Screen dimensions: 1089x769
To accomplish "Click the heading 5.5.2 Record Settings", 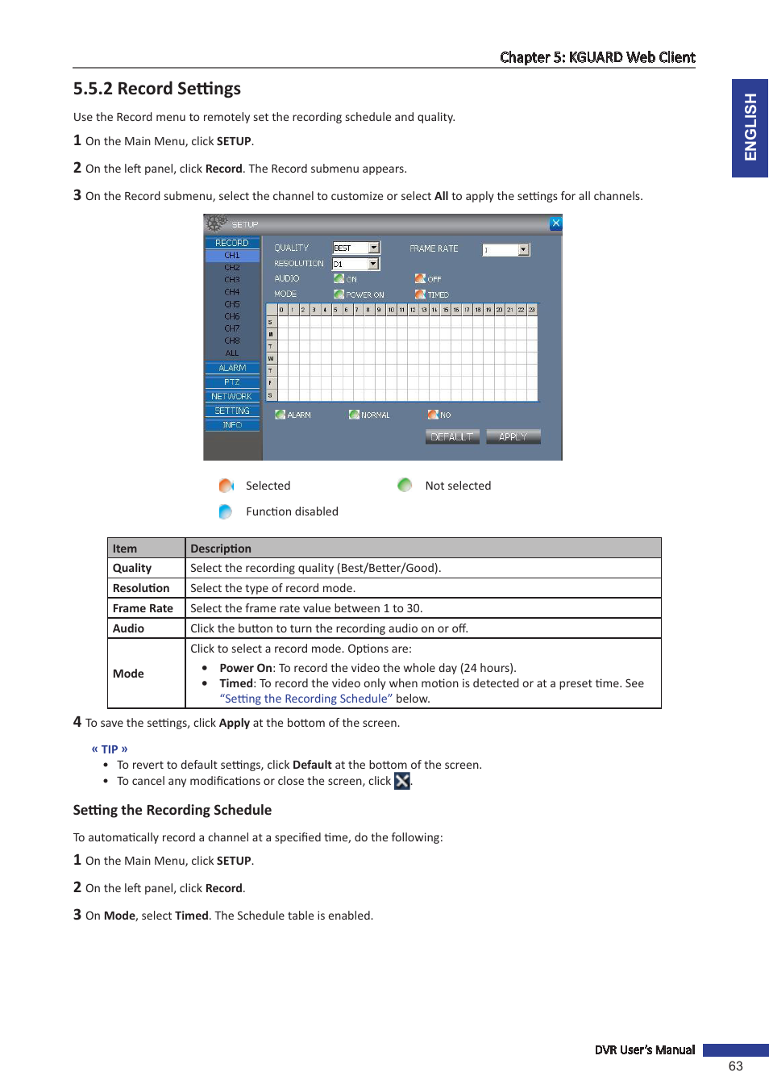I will [x=157, y=89].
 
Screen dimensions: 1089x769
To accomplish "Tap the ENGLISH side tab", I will [x=750, y=127].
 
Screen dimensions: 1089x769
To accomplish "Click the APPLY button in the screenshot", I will [x=513, y=436].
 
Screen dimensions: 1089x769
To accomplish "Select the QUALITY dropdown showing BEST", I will [x=356, y=248].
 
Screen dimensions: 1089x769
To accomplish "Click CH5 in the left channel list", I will [x=232, y=304].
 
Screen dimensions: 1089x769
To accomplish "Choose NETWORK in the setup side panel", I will [x=232, y=396].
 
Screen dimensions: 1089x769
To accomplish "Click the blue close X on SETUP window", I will [x=555, y=223].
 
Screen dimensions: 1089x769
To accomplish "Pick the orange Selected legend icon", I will [x=226, y=486].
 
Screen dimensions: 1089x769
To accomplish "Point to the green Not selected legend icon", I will [x=405, y=485].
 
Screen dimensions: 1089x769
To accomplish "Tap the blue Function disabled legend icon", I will [x=226, y=511].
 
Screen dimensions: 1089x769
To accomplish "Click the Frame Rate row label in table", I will [x=143, y=608].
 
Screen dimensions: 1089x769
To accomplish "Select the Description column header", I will [x=221, y=549].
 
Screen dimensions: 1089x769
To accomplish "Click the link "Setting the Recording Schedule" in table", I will [x=306, y=699].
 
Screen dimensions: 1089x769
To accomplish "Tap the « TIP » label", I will [x=110, y=749].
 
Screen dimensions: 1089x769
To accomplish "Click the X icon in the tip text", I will [x=402, y=781].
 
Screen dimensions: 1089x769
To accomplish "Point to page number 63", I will [x=735, y=1066].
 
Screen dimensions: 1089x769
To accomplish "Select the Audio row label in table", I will [x=128, y=628].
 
